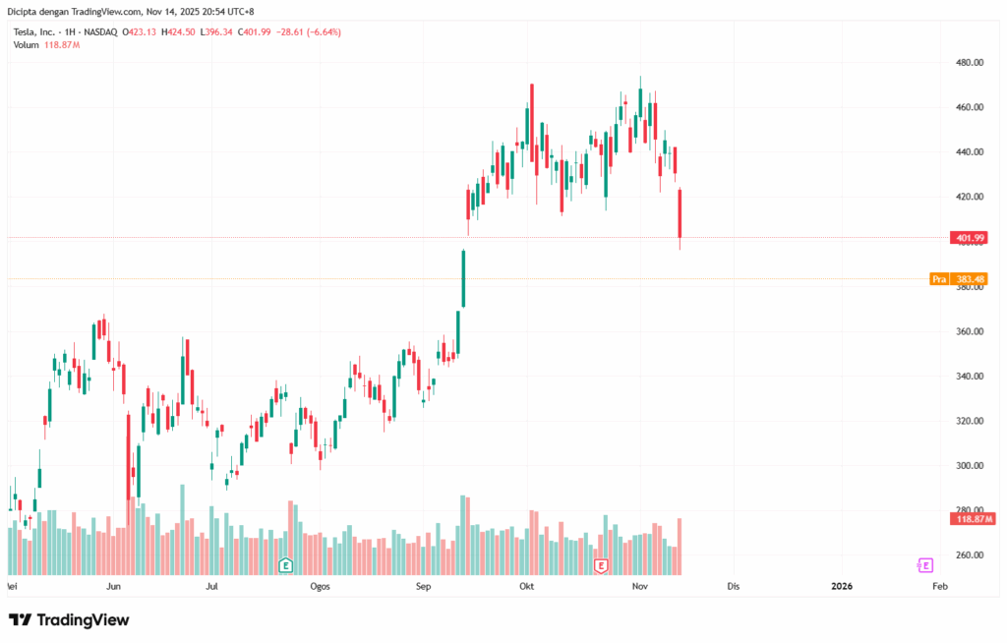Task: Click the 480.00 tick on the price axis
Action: tap(970, 62)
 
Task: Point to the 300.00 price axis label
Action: tap(970, 465)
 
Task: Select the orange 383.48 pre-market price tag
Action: tap(971, 279)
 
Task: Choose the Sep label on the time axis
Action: tap(423, 587)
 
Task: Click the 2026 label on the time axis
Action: tap(842, 587)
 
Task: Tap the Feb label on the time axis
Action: tap(939, 587)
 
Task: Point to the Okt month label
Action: tap(526, 587)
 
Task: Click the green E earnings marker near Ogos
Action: tap(285, 565)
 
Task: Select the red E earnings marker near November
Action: tap(601, 565)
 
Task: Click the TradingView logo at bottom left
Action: tap(69, 619)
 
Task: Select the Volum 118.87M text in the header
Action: tap(47, 45)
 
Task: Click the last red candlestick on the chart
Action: tap(679, 213)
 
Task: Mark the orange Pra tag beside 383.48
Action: tap(939, 279)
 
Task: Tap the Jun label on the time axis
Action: tap(113, 587)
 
